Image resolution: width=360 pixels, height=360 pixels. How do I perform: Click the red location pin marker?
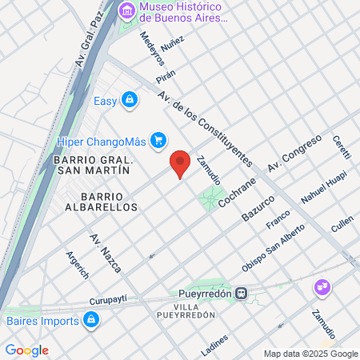(181, 163)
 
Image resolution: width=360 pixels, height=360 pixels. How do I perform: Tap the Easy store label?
(105, 101)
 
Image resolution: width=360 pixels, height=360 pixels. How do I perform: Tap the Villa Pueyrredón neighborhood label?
(194, 310)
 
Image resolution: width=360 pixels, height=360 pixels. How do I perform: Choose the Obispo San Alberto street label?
(274, 248)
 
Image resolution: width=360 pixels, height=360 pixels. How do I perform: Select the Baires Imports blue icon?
(91, 321)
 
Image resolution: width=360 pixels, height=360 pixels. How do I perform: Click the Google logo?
(26, 350)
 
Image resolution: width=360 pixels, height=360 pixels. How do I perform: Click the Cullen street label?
(342, 225)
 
